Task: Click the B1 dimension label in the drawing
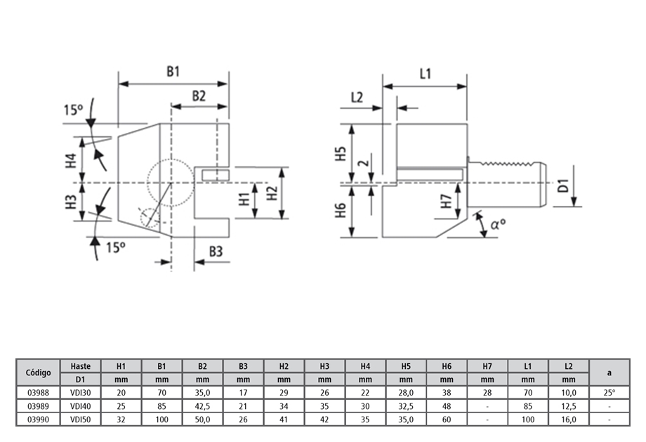click(173, 71)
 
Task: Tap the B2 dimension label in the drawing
click(199, 96)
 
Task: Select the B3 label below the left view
click(215, 251)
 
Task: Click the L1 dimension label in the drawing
click(425, 74)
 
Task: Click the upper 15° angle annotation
click(73, 110)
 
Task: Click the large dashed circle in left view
click(171, 183)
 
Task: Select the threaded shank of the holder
click(508, 185)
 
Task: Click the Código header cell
click(38, 372)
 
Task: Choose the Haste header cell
click(81, 366)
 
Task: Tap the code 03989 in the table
click(38, 406)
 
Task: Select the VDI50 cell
click(81, 419)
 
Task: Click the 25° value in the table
click(609, 393)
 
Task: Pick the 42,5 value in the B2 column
click(202, 406)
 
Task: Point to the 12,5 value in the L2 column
click(569, 406)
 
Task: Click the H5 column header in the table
click(406, 366)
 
